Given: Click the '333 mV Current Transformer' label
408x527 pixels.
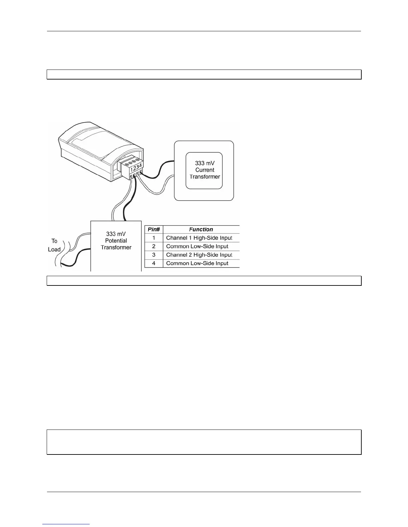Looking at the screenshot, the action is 205,170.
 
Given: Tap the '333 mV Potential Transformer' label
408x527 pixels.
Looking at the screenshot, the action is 116,241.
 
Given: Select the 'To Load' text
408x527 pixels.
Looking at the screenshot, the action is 54,245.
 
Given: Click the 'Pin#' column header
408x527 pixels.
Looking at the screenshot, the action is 154,229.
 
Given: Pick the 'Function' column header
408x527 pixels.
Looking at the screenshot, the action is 201,229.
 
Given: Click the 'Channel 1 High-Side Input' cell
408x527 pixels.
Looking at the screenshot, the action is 199,238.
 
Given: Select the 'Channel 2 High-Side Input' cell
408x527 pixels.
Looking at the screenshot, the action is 199,255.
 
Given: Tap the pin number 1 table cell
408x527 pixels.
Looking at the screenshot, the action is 154,238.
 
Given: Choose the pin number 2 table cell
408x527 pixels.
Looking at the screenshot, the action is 154,247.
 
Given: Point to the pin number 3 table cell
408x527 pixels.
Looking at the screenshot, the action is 154,255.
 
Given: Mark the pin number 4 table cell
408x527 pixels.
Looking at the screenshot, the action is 154,263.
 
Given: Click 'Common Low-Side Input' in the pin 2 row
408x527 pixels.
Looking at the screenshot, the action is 197,247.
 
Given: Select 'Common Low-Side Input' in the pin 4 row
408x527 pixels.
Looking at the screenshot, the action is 197,263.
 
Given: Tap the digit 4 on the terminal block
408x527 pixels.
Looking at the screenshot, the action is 141,165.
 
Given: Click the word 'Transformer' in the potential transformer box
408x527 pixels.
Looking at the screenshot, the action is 116,248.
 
